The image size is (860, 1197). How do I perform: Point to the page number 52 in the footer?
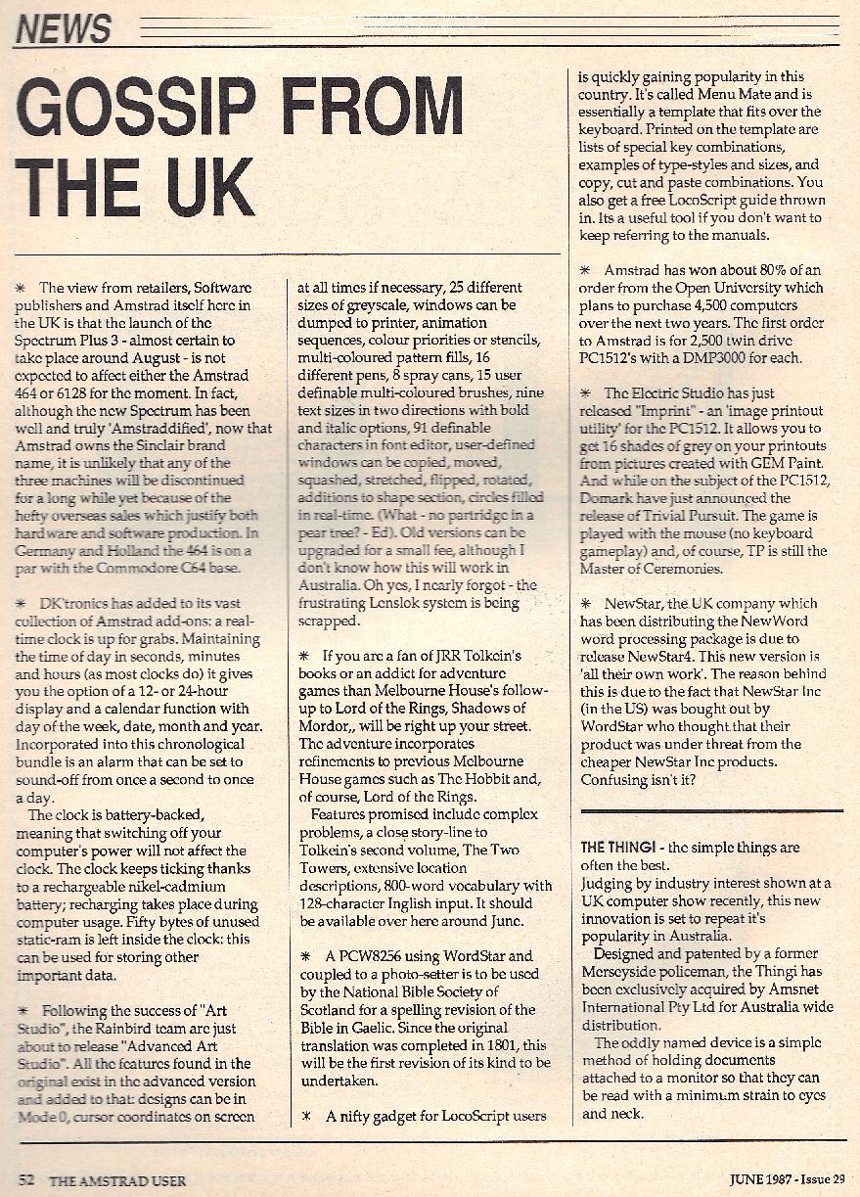[26, 1177]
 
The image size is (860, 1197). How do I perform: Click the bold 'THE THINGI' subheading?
[620, 847]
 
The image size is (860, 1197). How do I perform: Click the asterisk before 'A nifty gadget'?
[305, 1116]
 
